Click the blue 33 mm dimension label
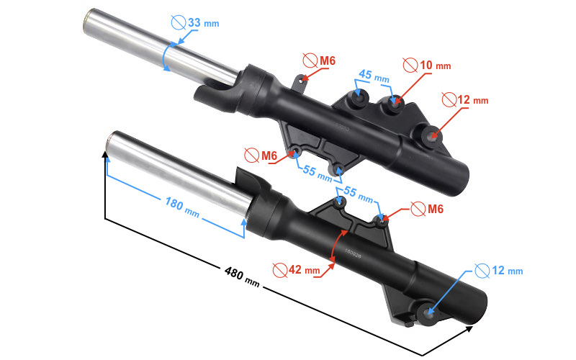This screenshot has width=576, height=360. click(203, 23)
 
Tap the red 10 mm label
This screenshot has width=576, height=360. click(435, 65)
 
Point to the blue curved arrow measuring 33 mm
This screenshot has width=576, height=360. click(166, 55)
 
